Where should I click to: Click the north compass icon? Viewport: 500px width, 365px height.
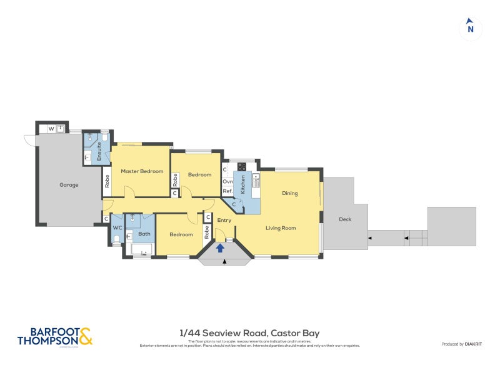pos(471,28)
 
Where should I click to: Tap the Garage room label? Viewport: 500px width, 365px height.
pos(69,185)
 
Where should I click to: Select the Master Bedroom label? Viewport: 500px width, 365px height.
pos(142,171)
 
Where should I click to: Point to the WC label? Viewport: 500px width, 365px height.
pos(116,227)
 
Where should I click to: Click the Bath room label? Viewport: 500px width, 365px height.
pos(144,234)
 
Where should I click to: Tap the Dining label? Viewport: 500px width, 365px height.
pos(289,193)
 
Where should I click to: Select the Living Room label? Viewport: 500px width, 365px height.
pos(281,228)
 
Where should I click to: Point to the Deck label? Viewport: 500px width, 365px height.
pos(345,219)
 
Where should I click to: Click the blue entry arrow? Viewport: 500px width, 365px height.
pos(220,248)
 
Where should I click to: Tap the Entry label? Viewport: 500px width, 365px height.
pos(224,220)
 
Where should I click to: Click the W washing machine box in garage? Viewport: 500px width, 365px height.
pos(51,129)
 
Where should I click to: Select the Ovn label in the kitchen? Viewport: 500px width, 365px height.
pos(227,181)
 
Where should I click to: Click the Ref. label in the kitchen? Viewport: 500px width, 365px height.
pos(227,191)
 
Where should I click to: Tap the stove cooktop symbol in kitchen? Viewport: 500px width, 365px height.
pos(241,166)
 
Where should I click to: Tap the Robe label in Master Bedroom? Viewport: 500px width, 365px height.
pos(107,181)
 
